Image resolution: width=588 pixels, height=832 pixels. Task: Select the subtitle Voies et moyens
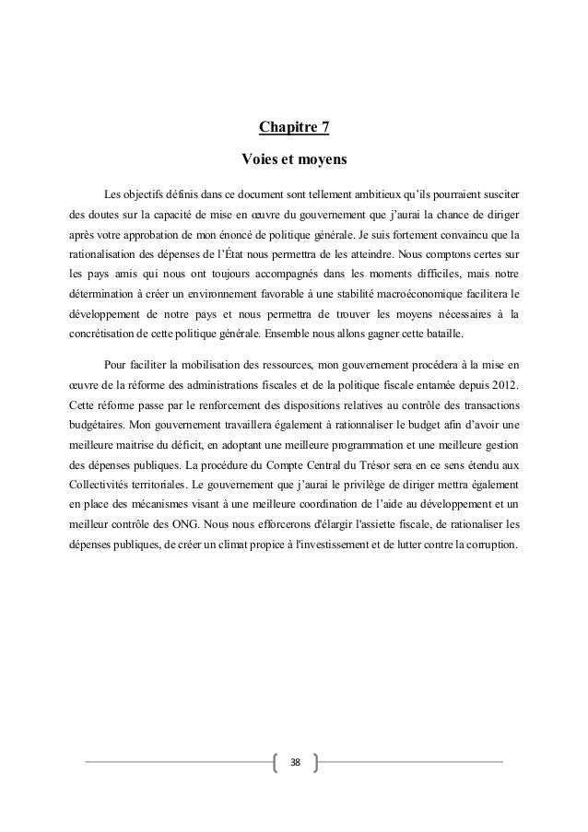point(293,160)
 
